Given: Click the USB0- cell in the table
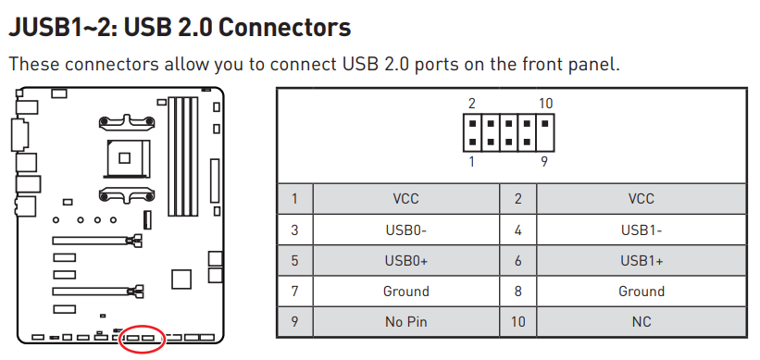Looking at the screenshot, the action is [x=406, y=230].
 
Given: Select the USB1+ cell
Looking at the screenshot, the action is [x=642, y=261].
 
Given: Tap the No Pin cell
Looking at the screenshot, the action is [x=406, y=322].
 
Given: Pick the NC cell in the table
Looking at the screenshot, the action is [x=642, y=322].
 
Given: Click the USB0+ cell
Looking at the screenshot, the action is [x=406, y=261].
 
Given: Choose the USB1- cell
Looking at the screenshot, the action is [x=642, y=230].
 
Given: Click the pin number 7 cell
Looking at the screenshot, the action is [x=294, y=292].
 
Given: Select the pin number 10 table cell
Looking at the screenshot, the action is [x=518, y=322].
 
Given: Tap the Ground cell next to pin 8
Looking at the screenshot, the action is [x=642, y=292].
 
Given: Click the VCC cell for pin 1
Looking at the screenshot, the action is [x=406, y=199].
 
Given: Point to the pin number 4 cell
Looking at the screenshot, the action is [x=518, y=230].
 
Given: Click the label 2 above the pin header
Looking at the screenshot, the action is [x=471, y=104].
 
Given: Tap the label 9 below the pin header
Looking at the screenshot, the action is [x=544, y=162].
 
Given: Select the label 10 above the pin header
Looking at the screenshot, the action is [x=545, y=104].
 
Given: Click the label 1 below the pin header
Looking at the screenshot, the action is [x=471, y=162].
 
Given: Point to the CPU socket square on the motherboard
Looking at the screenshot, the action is [x=125, y=158].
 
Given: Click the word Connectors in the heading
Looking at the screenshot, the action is [x=284, y=28].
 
